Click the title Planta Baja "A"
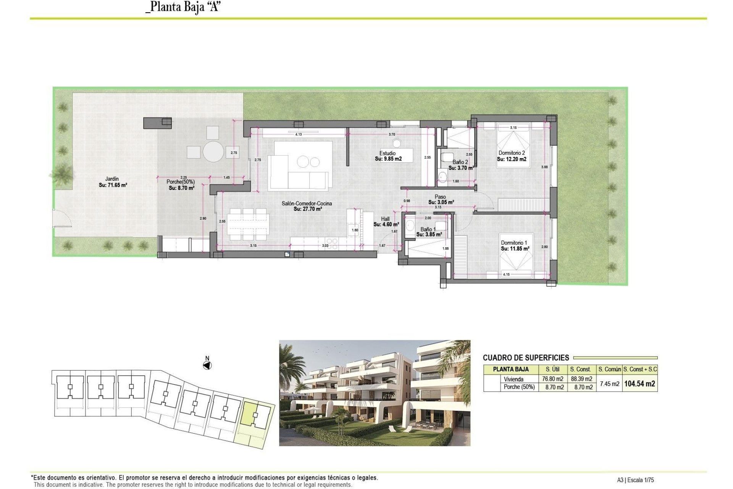[183, 7]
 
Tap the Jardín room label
[112, 179]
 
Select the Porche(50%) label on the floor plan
[181, 182]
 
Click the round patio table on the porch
[213, 152]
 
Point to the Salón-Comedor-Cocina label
[307, 204]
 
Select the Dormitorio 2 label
[512, 153]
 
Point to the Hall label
[385, 219]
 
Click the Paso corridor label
[440, 197]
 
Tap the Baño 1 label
[428, 229]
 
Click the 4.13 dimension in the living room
[299, 134]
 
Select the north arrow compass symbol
[207, 366]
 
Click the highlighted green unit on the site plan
[250, 413]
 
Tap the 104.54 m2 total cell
[639, 384]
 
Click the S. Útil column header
[552, 369]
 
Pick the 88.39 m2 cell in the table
[581, 379]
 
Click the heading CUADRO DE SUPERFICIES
[526, 358]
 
